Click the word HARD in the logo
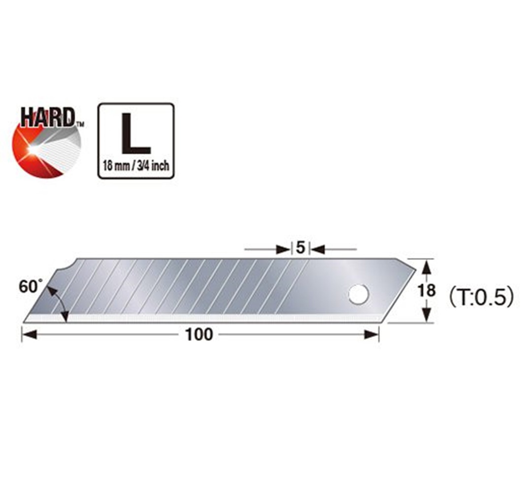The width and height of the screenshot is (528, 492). tap(48, 118)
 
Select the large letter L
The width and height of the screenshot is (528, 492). tap(136, 133)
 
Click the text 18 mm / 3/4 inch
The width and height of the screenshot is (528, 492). tap(136, 166)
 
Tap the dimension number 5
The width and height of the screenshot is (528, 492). tap(300, 248)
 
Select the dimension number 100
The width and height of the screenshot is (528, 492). tap(199, 335)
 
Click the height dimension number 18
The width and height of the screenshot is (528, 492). tap(427, 291)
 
